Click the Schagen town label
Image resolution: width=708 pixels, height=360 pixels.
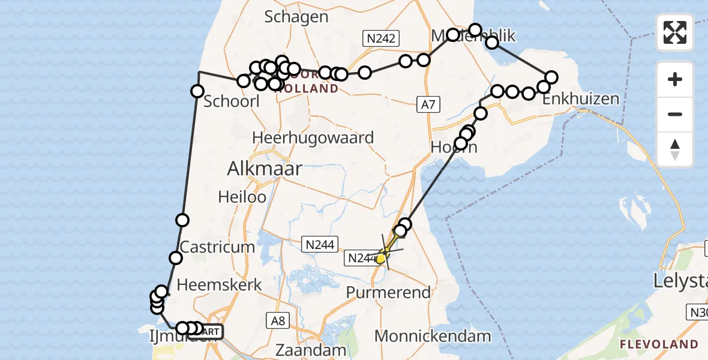point(296,17)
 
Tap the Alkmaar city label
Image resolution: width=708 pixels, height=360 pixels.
point(264,169)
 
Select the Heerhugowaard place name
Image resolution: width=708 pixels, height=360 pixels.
point(313,137)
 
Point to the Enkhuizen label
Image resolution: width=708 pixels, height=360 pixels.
point(580,99)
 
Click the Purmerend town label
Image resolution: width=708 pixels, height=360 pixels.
point(388,293)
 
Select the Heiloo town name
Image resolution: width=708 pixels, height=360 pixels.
point(241,196)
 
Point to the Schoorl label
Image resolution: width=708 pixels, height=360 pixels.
point(232,101)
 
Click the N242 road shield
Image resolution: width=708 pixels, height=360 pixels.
point(381,38)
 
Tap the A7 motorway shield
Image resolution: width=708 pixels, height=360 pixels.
point(427,105)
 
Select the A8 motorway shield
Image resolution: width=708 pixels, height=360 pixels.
point(277,321)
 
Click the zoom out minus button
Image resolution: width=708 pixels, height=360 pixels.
point(675,115)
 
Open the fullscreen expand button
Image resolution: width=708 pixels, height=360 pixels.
point(675,32)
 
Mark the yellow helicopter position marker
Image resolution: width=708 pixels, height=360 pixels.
point(380,259)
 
